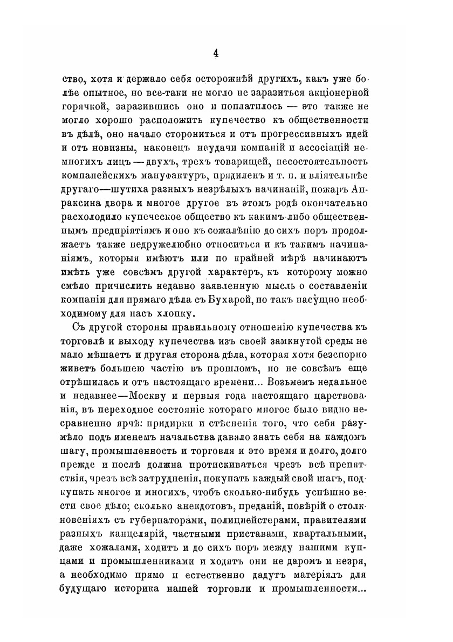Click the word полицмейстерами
[261, 526]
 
